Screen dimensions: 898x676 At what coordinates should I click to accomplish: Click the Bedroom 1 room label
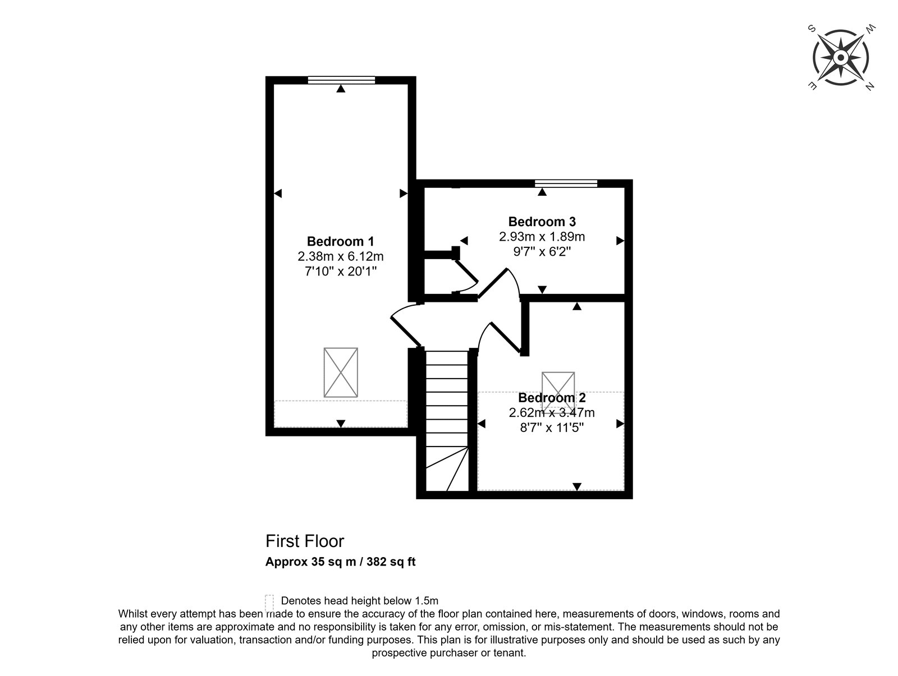340,241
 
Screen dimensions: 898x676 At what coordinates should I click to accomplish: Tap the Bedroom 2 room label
552,398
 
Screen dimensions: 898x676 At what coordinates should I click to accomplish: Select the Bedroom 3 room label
542,222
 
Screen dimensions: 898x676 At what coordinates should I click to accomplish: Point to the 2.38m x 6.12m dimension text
340,256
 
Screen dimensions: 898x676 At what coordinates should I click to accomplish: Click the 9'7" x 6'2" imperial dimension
542,251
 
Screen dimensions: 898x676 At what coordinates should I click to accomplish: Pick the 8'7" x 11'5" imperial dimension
552,427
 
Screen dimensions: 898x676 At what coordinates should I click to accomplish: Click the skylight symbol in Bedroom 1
340,372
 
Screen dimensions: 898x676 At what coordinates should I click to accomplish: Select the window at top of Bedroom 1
341,80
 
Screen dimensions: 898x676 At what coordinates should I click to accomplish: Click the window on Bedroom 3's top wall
566,183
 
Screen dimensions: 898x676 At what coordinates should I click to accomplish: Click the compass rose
840,58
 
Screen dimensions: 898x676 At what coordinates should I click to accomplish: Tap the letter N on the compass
869,86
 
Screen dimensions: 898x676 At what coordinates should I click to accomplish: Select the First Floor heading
305,541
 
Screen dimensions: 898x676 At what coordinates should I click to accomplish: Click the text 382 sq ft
391,562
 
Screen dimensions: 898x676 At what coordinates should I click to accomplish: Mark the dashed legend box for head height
269,603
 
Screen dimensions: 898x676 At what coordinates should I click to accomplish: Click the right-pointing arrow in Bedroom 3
620,241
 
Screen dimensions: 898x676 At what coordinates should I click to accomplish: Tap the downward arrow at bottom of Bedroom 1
340,424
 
